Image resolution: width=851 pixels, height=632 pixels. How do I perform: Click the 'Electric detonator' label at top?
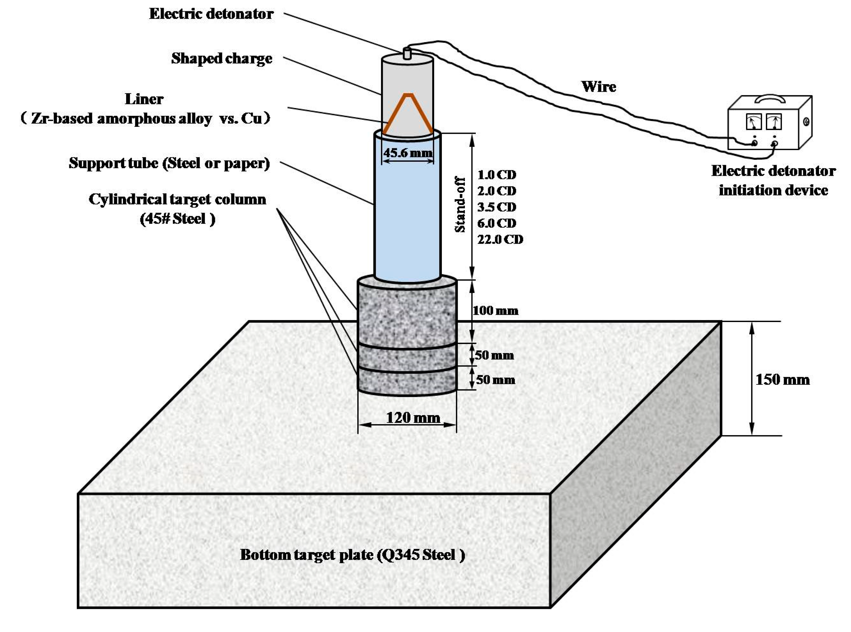coord(211,14)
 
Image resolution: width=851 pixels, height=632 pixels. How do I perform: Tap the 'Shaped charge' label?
coord(221,58)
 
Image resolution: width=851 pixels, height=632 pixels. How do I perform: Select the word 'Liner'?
coord(144,99)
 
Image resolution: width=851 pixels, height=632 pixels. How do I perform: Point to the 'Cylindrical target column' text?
coord(177,199)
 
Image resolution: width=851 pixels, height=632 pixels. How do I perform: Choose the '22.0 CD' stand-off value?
coord(500,239)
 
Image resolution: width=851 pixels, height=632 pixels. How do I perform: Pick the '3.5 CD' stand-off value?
coord(496,207)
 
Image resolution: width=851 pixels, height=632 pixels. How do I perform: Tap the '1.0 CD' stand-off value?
coord(496,175)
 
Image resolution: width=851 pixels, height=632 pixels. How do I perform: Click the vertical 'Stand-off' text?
coord(460,205)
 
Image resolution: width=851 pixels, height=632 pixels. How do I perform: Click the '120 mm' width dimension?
coord(413,417)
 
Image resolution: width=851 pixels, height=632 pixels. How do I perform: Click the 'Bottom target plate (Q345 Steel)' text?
coord(352,555)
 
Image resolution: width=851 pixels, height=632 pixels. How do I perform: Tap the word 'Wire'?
coord(599,87)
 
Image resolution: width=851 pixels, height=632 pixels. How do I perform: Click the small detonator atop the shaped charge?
coord(407,53)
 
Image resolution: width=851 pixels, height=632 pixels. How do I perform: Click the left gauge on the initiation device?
coord(753,123)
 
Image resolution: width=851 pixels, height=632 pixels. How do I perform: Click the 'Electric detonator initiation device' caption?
coord(773,180)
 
